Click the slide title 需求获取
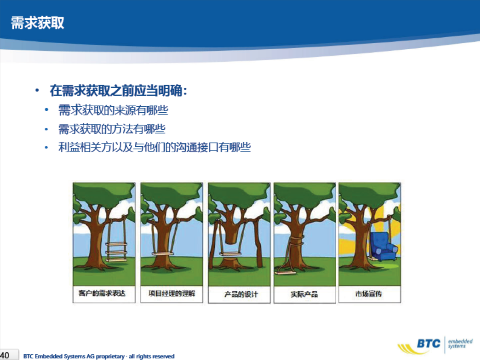(38, 23)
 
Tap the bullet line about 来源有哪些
(113, 110)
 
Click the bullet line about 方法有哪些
(112, 129)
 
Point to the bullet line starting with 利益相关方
(155, 147)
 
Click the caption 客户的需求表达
(102, 293)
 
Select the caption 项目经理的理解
(172, 293)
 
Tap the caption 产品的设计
(241, 295)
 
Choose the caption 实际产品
(304, 295)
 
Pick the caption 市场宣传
(368, 294)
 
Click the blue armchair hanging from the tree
(384, 246)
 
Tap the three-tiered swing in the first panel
(116, 252)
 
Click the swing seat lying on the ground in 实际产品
(285, 273)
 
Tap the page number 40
(5, 355)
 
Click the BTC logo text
(429, 343)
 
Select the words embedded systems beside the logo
(460, 343)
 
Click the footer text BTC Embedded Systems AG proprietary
(74, 356)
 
